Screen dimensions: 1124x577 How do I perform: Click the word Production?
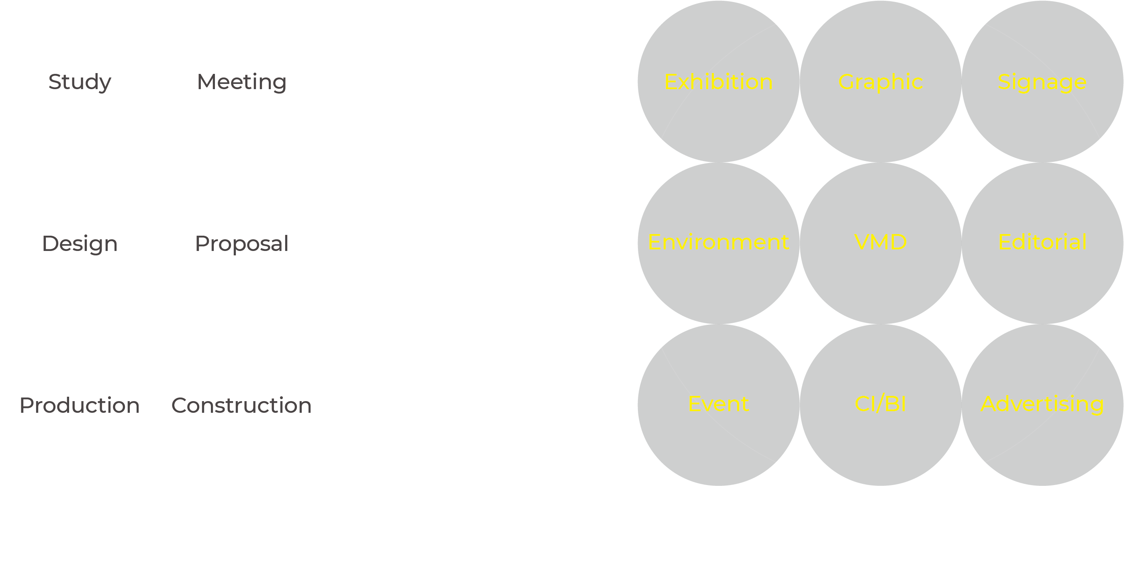click(x=80, y=406)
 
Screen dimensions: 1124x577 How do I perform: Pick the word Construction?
click(x=242, y=406)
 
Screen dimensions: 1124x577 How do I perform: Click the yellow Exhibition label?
click(x=719, y=82)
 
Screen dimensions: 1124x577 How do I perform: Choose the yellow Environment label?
click(x=719, y=243)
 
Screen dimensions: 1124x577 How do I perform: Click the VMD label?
click(x=881, y=243)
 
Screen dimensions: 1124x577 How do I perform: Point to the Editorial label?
click(x=1042, y=243)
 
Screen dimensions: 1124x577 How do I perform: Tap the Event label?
click(x=719, y=404)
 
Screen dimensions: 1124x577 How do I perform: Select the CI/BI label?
click(x=881, y=404)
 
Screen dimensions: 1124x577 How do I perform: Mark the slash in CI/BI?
click(x=881, y=404)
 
